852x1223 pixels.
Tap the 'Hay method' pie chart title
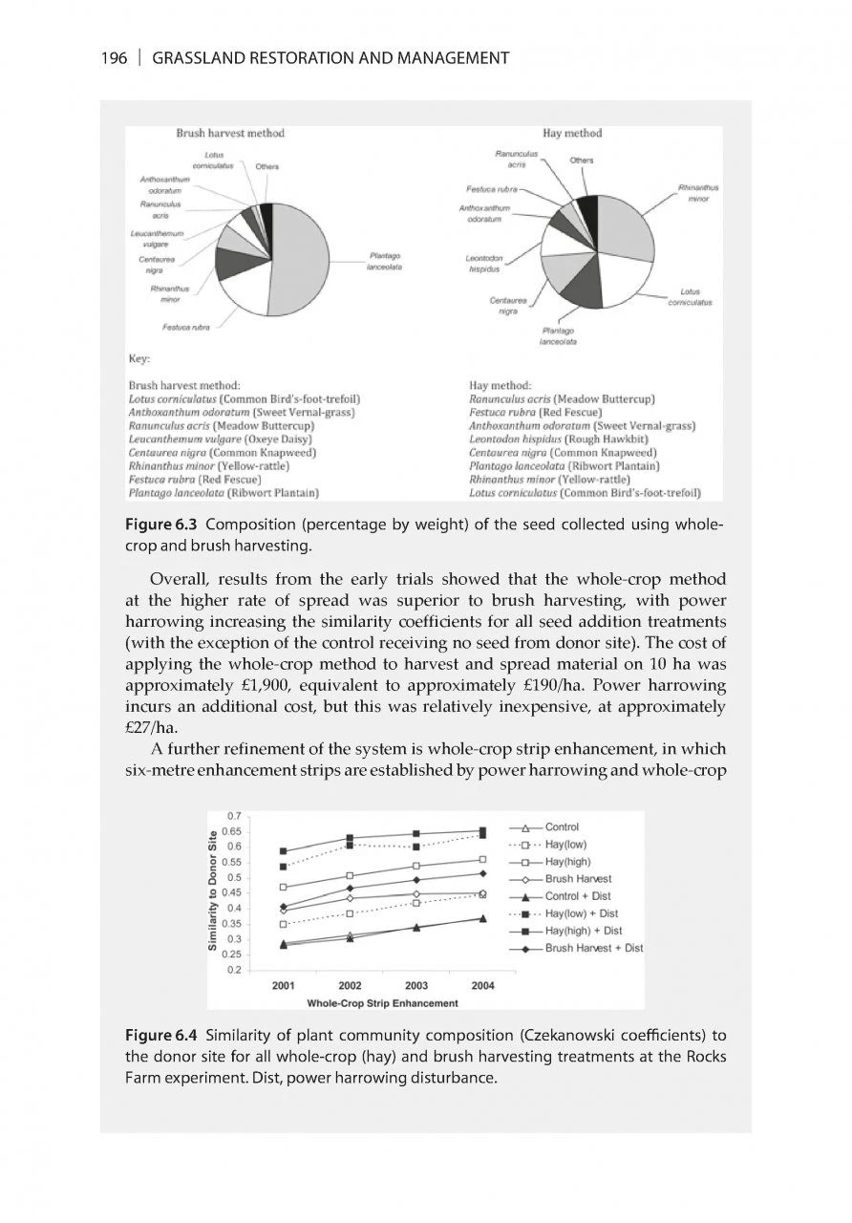pos(572,132)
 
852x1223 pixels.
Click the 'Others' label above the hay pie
pos(582,161)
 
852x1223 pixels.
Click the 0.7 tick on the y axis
pos(234,815)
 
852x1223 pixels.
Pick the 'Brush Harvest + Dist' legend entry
pos(592,948)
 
